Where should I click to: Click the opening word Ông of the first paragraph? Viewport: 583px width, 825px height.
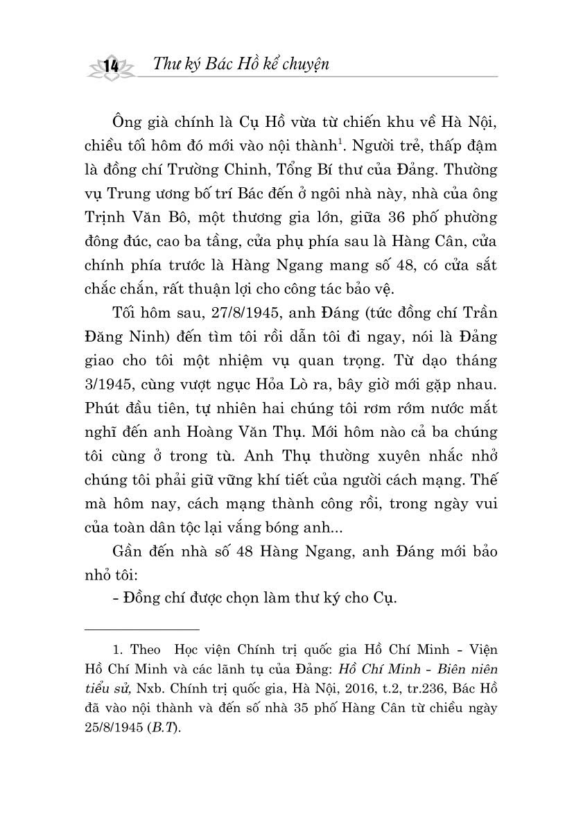(x=128, y=123)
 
